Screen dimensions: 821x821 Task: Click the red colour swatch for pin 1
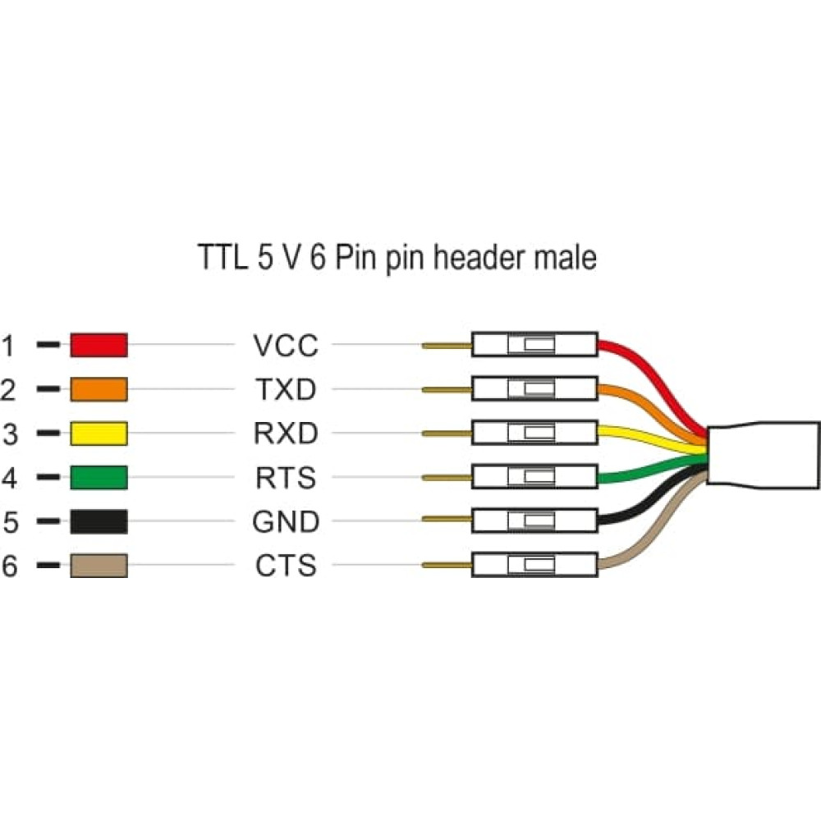coord(99,345)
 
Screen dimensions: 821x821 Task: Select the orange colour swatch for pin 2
coord(99,389)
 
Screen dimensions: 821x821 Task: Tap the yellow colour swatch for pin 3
coord(99,433)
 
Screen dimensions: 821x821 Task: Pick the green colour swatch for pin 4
coord(99,477)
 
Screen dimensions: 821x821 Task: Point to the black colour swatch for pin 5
coord(99,521)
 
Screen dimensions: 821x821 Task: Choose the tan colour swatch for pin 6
coord(99,565)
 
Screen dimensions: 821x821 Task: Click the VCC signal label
coord(285,346)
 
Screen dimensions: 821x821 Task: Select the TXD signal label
coord(285,390)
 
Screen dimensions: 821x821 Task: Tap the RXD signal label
coord(285,433)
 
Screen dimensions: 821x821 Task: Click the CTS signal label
coord(285,566)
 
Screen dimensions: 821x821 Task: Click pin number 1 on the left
coord(8,346)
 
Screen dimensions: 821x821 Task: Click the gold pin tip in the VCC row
coord(447,346)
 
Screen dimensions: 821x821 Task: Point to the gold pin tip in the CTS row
coord(447,565)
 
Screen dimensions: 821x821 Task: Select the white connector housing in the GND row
coord(534,521)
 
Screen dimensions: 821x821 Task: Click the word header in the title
coord(482,258)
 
